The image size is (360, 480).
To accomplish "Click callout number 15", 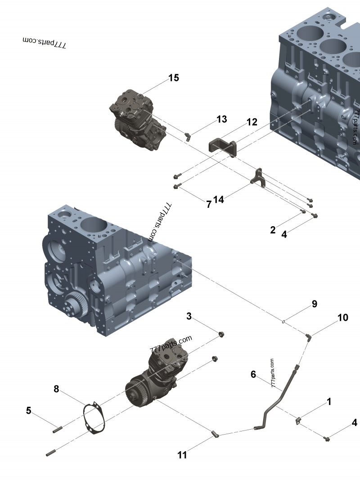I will click(174, 78).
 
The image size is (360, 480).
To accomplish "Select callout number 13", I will click(221, 119).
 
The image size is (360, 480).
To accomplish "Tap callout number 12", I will click(252, 122).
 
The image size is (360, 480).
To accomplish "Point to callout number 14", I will click(219, 199).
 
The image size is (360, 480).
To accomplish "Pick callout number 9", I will click(315, 304).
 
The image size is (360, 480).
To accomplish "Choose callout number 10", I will click(342, 318).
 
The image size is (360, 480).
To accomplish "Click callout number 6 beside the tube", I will click(253, 374).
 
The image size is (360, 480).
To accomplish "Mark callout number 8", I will click(56, 389).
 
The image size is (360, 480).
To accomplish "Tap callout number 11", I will click(182, 455).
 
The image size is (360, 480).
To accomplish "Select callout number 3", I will click(189, 316).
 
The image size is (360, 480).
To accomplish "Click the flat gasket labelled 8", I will click(95, 418).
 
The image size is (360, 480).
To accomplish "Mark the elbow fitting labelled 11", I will click(216, 434).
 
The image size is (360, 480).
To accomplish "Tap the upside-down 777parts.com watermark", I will click(45, 42).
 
